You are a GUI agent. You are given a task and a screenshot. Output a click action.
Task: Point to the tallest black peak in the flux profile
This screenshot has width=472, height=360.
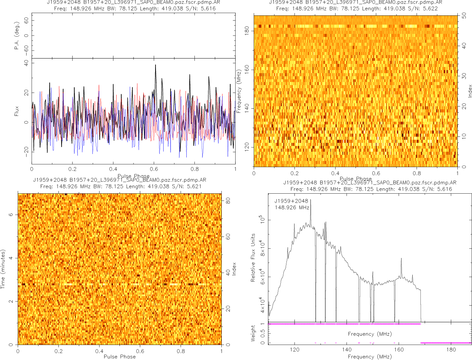coord(156,65)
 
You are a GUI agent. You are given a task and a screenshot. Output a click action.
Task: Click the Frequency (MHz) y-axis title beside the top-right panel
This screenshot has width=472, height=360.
coord(239,91)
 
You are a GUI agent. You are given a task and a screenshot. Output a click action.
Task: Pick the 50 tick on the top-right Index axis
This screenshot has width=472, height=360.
coord(464,16)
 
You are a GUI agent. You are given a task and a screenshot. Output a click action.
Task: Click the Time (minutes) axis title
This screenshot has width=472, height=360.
coord(3,269)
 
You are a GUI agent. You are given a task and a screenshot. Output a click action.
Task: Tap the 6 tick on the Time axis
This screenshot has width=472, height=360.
coord(13,215)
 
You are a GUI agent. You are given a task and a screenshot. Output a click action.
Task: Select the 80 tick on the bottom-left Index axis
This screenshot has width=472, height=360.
coord(228,200)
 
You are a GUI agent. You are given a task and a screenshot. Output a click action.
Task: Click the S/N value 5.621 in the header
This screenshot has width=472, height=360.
coord(194,186)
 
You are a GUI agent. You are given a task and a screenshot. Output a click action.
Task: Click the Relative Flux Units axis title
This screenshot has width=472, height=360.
coord(253,257)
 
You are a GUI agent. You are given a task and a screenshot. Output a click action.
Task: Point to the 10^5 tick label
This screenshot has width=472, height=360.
coord(264,219)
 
